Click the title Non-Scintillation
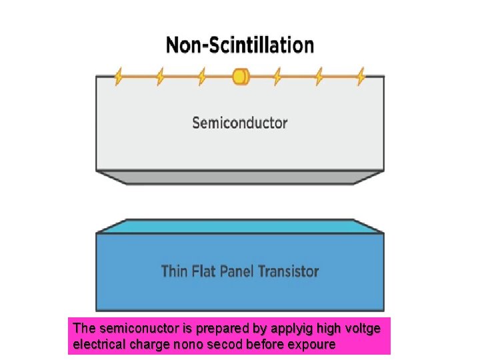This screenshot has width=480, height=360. point(239,45)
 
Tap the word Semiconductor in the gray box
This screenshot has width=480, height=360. point(239,123)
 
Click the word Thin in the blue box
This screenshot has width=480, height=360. point(175,271)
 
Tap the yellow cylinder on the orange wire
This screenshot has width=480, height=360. point(240,77)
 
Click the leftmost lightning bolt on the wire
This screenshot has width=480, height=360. point(119,77)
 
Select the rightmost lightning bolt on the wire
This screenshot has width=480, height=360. point(361,77)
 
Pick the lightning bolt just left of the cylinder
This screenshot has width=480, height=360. point(201,77)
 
